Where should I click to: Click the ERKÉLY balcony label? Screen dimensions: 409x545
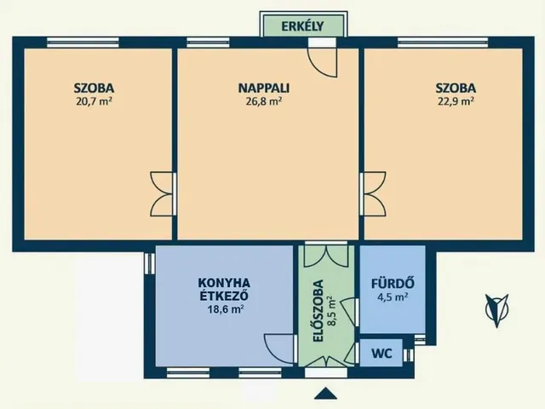(x=304, y=25)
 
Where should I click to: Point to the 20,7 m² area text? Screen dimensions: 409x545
(x=95, y=100)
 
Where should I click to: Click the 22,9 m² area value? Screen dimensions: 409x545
(x=455, y=100)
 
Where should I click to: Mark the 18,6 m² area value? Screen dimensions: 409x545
(x=226, y=310)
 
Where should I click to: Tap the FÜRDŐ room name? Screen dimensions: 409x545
(x=392, y=284)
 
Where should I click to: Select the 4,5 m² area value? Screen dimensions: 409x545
(x=392, y=297)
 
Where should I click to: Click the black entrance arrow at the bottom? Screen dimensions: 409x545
(x=324, y=393)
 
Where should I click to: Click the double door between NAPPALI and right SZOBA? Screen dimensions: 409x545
(x=371, y=193)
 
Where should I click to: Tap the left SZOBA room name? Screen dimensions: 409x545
(x=95, y=87)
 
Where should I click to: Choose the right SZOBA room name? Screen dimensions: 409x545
(x=455, y=87)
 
